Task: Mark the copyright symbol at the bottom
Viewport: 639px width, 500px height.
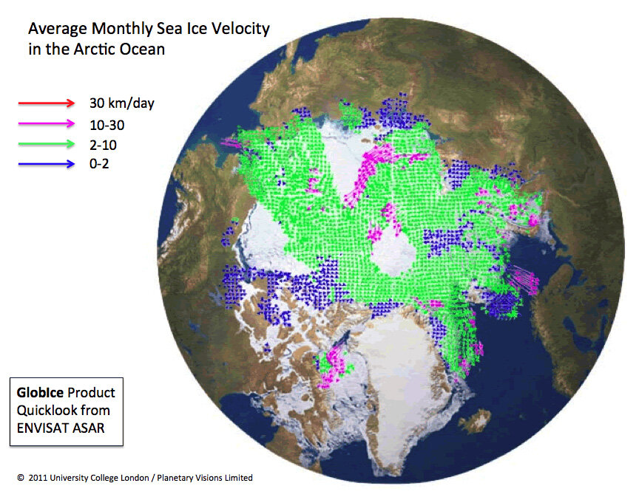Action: click(20, 478)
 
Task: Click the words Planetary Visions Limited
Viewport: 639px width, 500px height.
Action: click(208, 478)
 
